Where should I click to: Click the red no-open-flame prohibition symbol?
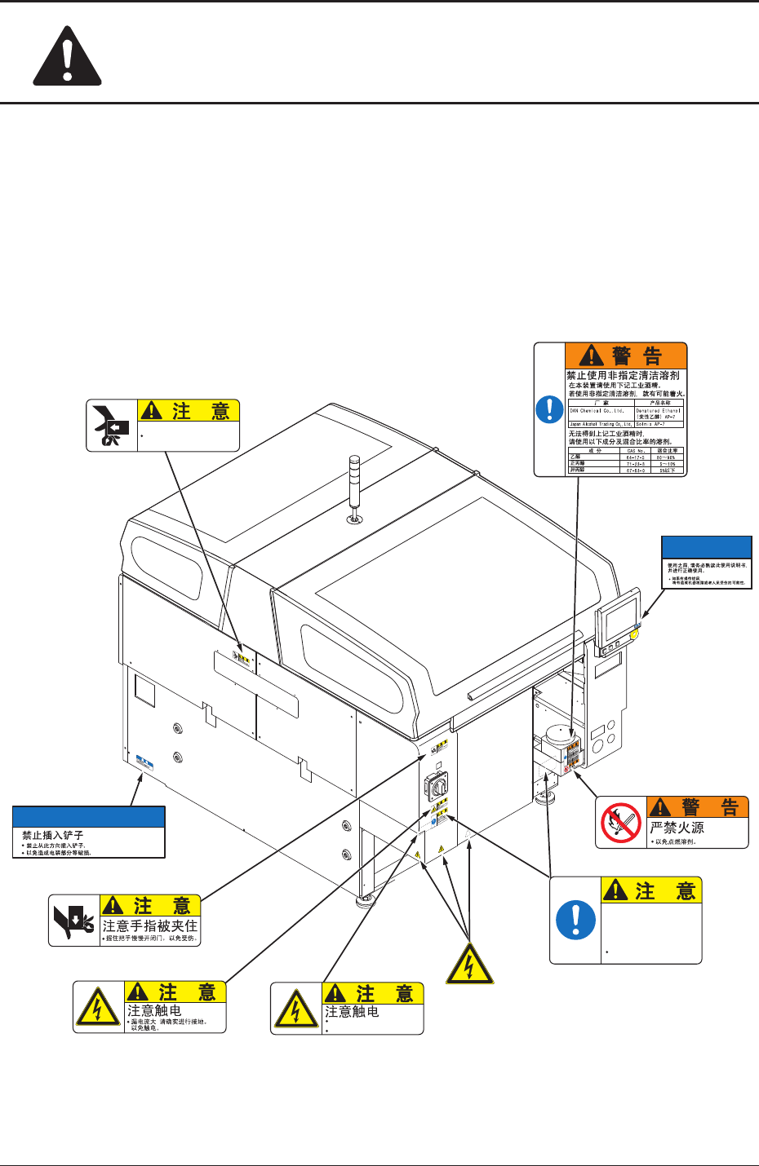click(621, 823)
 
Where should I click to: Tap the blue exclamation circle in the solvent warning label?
click(549, 409)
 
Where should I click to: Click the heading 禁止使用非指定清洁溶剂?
click(623, 376)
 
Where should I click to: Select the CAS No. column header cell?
click(637, 450)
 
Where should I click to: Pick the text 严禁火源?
click(677, 828)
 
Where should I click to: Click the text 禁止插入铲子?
click(53, 835)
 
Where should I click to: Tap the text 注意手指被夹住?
click(150, 926)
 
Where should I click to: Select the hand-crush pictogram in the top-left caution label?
click(111, 425)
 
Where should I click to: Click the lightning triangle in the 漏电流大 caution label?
click(98, 1009)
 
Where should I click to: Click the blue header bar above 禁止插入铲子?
click(89, 817)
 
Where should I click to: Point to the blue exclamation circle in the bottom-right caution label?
click(575, 921)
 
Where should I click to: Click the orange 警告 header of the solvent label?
click(626, 356)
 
